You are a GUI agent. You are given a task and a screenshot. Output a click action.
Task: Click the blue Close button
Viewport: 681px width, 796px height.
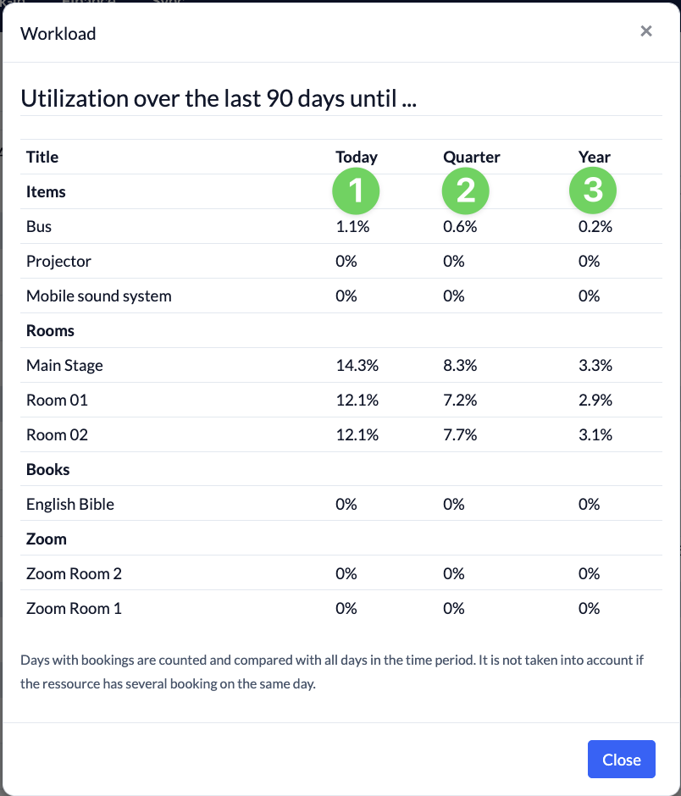pyautogui.click(x=621, y=759)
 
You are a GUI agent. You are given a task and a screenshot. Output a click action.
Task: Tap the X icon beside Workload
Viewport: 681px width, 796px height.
pyautogui.click(x=646, y=31)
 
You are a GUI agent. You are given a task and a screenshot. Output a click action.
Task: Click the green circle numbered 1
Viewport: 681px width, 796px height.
pyautogui.click(x=356, y=191)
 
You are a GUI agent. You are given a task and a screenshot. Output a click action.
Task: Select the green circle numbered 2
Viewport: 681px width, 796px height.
pyautogui.click(x=466, y=191)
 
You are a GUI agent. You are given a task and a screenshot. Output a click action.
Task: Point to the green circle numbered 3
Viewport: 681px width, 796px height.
pyautogui.click(x=593, y=191)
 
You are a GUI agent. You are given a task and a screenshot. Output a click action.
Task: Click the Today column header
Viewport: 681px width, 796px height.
pyautogui.click(x=357, y=157)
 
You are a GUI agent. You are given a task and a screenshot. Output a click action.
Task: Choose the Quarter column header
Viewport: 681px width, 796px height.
pyautogui.click(x=472, y=157)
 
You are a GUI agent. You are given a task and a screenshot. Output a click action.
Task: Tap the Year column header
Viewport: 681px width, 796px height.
pyautogui.click(x=594, y=157)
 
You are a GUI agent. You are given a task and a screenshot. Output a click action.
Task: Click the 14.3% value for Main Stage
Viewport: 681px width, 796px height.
pyautogui.click(x=357, y=365)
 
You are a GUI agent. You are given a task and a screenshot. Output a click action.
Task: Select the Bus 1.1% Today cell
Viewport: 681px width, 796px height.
pyautogui.click(x=352, y=226)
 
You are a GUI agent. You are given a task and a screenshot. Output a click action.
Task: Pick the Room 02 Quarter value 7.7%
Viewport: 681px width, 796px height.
pyautogui.click(x=460, y=434)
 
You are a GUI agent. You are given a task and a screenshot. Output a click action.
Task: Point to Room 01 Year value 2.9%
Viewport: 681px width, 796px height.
pyautogui.click(x=595, y=400)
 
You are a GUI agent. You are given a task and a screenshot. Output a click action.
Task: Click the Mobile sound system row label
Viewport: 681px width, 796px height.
pyautogui.click(x=99, y=296)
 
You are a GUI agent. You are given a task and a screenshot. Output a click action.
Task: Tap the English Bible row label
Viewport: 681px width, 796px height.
pyautogui.click(x=70, y=504)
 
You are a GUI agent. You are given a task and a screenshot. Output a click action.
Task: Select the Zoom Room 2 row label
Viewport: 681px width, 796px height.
pyautogui.click(x=75, y=573)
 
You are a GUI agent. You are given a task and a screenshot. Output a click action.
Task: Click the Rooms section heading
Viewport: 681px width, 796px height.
pyautogui.click(x=50, y=330)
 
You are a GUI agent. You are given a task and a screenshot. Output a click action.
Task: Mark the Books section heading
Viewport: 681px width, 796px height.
pyautogui.click(x=47, y=470)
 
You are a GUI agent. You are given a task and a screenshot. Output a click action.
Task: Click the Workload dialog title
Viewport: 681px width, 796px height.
pyautogui.click(x=58, y=34)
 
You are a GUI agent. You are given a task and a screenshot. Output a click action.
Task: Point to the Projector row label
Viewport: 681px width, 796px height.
pyautogui.click(x=59, y=262)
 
